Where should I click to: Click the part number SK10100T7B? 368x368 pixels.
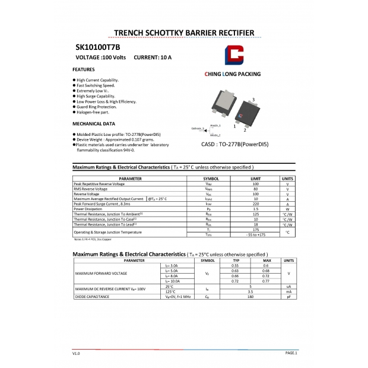tap(98, 46)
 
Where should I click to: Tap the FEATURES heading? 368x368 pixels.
tap(84, 70)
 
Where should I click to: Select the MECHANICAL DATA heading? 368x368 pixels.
tap(94, 124)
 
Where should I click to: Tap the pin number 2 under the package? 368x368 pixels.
tap(245, 130)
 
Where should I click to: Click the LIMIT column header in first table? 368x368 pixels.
tap(256, 179)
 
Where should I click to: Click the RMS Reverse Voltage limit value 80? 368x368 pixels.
tap(256, 189)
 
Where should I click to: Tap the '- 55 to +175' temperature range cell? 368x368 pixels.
tap(256, 235)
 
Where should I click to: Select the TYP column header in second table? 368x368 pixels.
tap(236, 261)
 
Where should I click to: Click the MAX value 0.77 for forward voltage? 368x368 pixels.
tap(267, 281)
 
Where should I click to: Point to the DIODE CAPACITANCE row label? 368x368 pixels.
tap(92, 297)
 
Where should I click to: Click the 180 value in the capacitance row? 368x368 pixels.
tap(251, 297)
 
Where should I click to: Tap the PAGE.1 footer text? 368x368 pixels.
tap(291, 353)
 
